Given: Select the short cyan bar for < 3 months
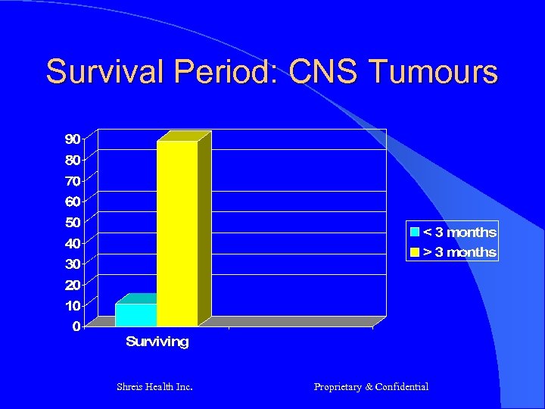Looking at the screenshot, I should coord(135,314).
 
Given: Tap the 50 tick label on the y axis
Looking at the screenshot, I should coord(73,222).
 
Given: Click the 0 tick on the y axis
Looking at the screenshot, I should coord(76,326).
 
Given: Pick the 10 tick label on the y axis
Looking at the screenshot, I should coord(73,305).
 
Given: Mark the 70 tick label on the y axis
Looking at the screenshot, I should coord(73,180).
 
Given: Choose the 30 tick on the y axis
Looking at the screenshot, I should coord(73,264).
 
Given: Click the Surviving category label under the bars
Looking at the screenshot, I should coord(157,342).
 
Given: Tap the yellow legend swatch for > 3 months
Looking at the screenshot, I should coord(415,252).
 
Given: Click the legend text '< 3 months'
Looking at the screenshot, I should coord(459,233).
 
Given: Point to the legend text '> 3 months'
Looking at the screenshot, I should coord(459,252).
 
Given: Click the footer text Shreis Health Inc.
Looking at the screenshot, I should coord(154,387).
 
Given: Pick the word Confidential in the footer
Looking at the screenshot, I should coord(402,387).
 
